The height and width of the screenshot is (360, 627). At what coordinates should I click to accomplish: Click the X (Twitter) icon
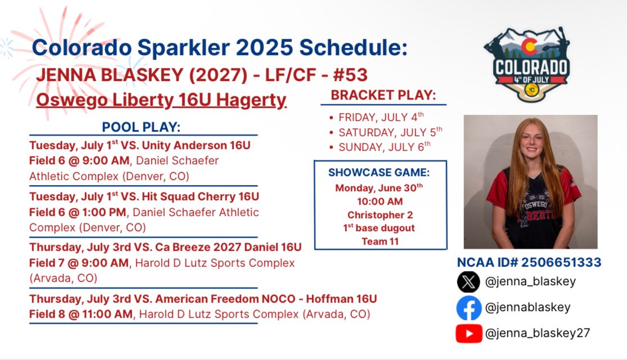pyautogui.click(x=468, y=282)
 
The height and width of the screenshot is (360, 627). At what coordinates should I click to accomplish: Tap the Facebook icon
pyautogui.click(x=468, y=308)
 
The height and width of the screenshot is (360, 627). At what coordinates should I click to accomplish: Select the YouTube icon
pyautogui.click(x=468, y=334)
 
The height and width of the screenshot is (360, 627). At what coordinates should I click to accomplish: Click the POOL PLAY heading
pyautogui.click(x=141, y=127)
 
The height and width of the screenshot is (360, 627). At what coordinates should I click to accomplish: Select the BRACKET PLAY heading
pyautogui.click(x=383, y=95)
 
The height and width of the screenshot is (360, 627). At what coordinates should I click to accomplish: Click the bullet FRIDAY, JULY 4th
pyautogui.click(x=381, y=117)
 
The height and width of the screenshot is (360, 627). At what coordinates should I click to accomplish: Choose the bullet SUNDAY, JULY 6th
pyautogui.click(x=384, y=146)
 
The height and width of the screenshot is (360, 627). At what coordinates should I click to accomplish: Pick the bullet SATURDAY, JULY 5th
pyautogui.click(x=390, y=132)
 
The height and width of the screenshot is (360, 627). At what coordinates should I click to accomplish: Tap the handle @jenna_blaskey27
pyautogui.click(x=537, y=333)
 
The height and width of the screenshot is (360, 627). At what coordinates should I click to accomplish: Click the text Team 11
pyautogui.click(x=380, y=241)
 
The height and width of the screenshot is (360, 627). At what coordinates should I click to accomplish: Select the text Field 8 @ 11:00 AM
pyautogui.click(x=81, y=314)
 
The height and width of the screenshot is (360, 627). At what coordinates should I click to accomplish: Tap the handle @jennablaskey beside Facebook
pyautogui.click(x=527, y=308)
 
